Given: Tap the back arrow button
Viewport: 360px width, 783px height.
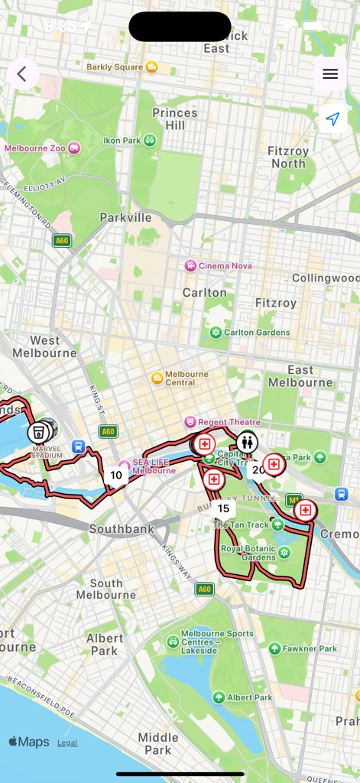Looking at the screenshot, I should (22, 74).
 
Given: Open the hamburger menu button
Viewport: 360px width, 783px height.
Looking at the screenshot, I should (330, 74).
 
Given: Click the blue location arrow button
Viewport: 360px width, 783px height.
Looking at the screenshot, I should (332, 119).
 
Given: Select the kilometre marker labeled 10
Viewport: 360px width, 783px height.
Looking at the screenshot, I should (115, 475).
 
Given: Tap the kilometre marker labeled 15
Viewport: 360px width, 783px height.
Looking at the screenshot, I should (223, 508).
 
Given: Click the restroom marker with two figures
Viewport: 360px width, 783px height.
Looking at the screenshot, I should (246, 441).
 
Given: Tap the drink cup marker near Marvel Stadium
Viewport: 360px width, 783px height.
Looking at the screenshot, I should (38, 433).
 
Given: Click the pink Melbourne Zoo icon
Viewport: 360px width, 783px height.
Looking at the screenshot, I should (74, 148).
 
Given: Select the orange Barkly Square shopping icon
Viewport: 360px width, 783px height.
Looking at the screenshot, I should (152, 67).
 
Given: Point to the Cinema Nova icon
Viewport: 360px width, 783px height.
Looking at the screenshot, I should (190, 266).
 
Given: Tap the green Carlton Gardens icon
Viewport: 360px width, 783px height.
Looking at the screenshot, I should (216, 333).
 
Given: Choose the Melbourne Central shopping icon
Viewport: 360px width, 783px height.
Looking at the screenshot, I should (157, 378).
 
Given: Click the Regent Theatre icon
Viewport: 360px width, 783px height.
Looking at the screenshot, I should (190, 422).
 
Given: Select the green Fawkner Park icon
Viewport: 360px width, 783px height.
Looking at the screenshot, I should (274, 648).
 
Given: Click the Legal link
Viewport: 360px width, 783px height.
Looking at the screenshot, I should (67, 742).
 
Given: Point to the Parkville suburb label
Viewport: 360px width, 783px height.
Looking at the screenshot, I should (125, 218).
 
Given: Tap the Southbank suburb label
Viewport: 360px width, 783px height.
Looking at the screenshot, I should (122, 529).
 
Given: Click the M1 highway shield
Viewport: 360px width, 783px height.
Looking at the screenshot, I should (294, 499).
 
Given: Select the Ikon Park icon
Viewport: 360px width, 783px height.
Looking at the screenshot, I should (150, 140).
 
